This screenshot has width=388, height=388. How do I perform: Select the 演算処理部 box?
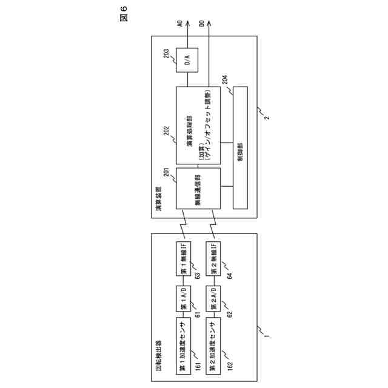tap(198, 125)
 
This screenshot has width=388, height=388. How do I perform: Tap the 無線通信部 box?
tap(198, 189)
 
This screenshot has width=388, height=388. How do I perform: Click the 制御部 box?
tap(240, 148)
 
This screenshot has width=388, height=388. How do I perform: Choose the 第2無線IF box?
tap(214, 258)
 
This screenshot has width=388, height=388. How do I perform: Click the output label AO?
tap(180, 24)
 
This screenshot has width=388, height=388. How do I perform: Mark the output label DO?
tap(202, 24)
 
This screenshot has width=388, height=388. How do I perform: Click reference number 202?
tap(169, 129)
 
